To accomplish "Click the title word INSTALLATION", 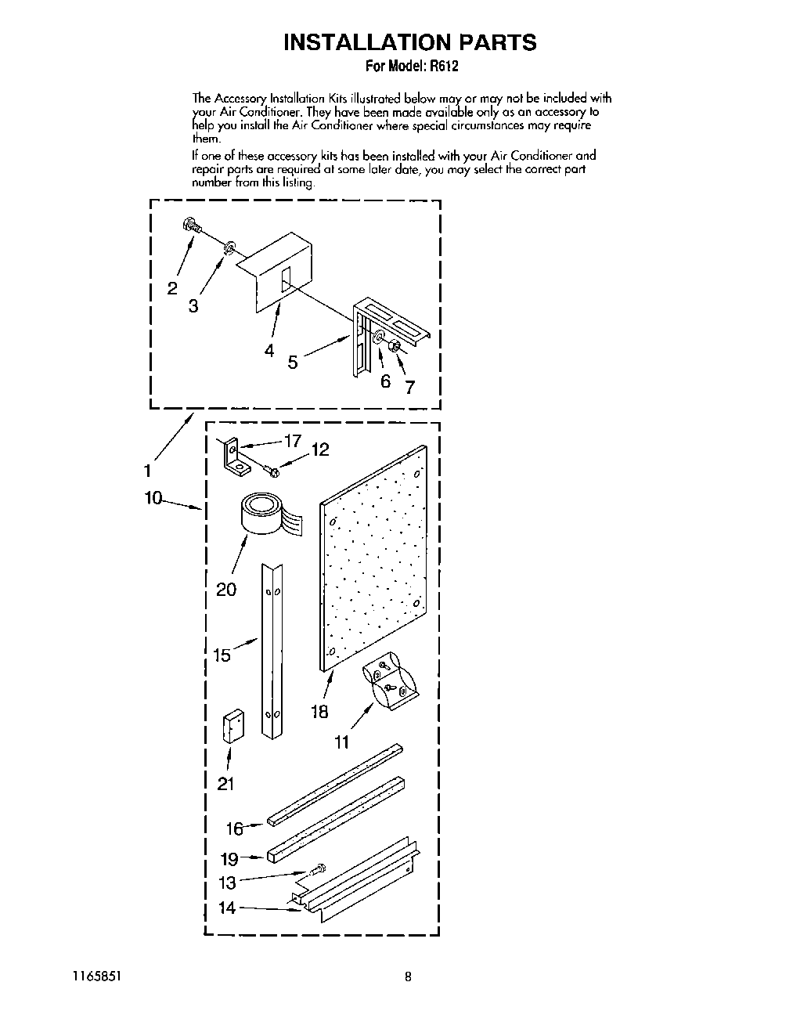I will click(355, 42).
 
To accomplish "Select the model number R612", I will click(443, 67).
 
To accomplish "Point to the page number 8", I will click(408, 976).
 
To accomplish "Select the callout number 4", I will click(269, 350).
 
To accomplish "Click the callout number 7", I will click(409, 387).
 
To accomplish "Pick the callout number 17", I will click(292, 442).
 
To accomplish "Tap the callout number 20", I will click(226, 589).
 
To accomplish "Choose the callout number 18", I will click(319, 712).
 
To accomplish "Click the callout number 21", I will click(226, 783).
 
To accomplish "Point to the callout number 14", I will click(227, 908).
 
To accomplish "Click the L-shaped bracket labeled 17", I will click(232, 457).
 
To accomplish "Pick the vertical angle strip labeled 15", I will click(272, 650).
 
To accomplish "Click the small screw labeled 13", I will click(318, 869).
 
